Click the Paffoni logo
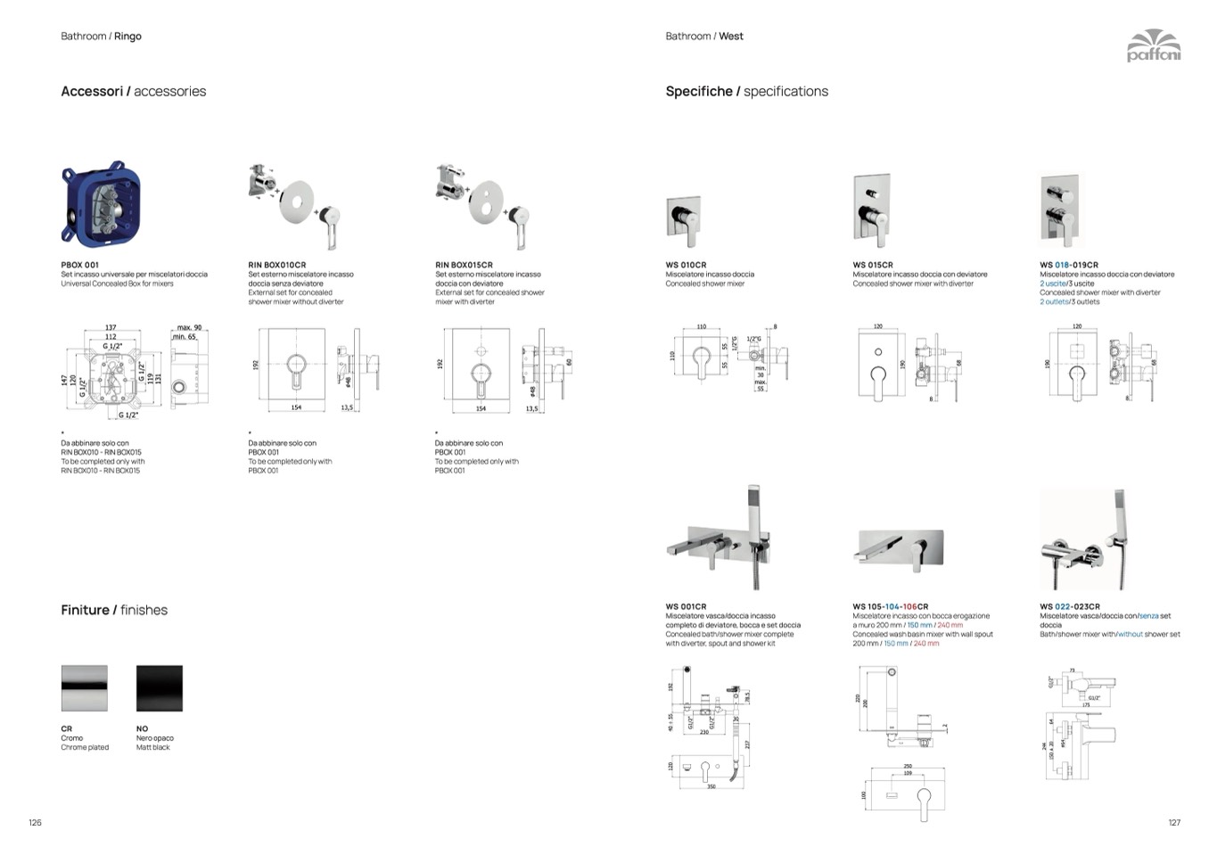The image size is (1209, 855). point(1153,45)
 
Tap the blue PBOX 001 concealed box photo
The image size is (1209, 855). point(101,204)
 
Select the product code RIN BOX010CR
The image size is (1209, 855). point(276,265)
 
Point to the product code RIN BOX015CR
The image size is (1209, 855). point(464,265)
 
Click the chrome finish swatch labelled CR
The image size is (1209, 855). point(85,687)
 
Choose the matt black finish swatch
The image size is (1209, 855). point(160,687)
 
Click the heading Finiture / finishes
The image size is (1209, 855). point(114,610)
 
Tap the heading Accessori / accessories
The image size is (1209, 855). point(133,91)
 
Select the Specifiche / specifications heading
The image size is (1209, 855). point(746,91)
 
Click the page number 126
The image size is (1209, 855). point(36,822)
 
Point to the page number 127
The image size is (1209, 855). point(1173,822)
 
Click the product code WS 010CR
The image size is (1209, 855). point(686,265)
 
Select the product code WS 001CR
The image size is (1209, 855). point(686,606)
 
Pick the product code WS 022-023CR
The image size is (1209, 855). point(1069,606)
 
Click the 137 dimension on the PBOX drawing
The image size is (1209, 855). point(111,328)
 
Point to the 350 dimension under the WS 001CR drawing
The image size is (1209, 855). point(711,787)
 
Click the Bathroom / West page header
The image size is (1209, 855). point(703,37)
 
